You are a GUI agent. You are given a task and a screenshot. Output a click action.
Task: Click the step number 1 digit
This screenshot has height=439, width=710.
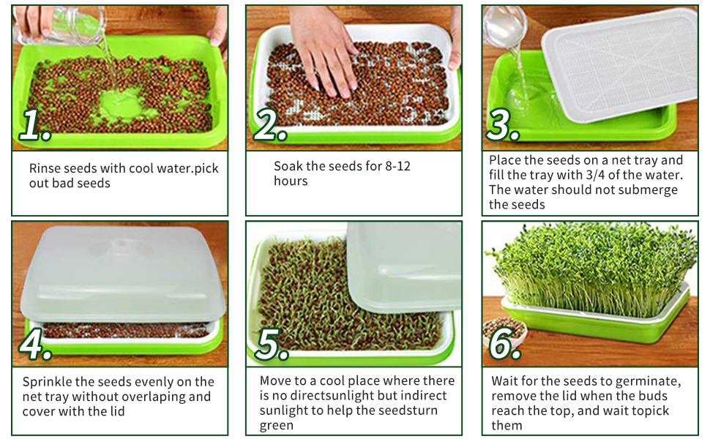point(31,126)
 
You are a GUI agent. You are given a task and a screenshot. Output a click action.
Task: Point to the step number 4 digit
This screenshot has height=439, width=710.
point(33,345)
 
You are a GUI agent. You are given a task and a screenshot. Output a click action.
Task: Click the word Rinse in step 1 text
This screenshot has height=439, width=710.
point(45,168)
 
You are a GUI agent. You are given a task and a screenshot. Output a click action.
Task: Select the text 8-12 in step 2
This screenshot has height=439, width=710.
point(397,166)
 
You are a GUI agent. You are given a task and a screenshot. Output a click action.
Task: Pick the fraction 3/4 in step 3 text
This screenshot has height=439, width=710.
point(605,175)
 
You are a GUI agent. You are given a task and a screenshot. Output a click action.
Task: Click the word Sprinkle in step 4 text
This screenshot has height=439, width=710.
point(48,382)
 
